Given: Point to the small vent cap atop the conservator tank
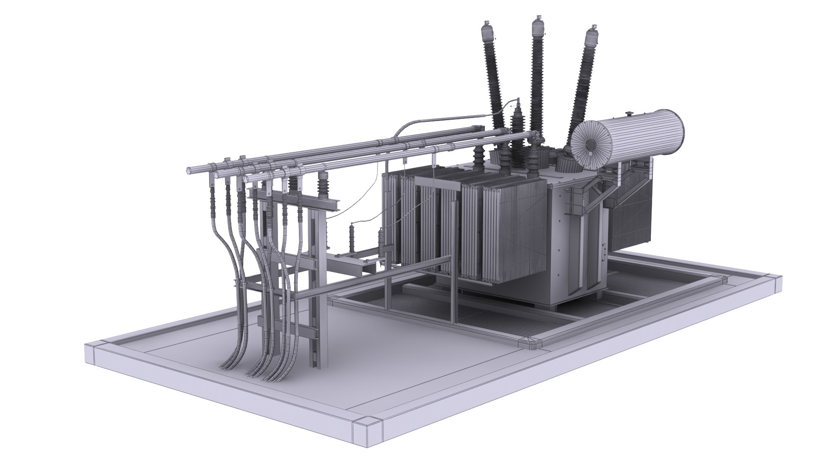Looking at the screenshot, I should [629, 113].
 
